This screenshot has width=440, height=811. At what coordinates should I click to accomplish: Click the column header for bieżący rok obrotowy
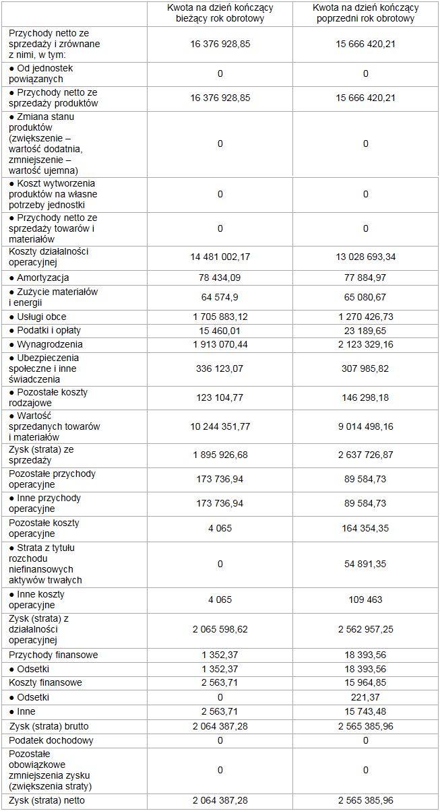click(x=220, y=13)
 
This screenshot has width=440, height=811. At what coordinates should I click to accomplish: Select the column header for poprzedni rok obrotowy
click(x=365, y=13)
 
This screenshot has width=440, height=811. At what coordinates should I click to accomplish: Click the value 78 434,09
click(x=220, y=278)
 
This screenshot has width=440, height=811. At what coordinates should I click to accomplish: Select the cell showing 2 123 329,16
click(x=365, y=344)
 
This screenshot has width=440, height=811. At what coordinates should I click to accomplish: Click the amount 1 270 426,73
click(x=365, y=317)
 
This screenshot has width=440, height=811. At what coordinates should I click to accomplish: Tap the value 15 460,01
click(x=220, y=331)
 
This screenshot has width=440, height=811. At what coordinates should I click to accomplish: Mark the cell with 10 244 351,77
click(x=220, y=426)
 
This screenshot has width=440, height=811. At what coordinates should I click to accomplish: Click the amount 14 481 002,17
click(x=220, y=257)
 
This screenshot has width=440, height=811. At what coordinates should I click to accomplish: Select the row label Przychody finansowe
click(x=53, y=655)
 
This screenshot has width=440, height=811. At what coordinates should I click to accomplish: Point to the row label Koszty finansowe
click(x=46, y=682)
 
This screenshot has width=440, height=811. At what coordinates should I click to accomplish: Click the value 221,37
click(x=365, y=696)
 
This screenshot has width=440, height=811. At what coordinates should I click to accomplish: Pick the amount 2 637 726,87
click(x=365, y=455)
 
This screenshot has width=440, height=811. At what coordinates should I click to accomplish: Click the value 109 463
click(x=365, y=599)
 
